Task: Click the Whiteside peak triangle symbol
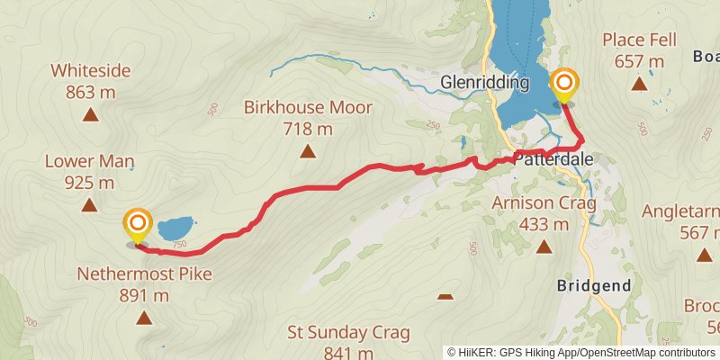90,114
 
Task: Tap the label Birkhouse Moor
308,108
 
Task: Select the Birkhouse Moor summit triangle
308,151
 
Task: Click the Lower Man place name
90,162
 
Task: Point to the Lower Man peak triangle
89,205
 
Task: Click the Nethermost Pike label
144,274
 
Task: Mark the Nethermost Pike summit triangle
144,317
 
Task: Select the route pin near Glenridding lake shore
564,86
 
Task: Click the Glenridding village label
484,83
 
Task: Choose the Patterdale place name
553,158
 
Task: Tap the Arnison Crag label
544,203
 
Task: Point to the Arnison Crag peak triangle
544,246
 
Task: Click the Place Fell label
639,40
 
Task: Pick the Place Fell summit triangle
639,84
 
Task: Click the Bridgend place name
593,285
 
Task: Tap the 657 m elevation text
639,61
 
